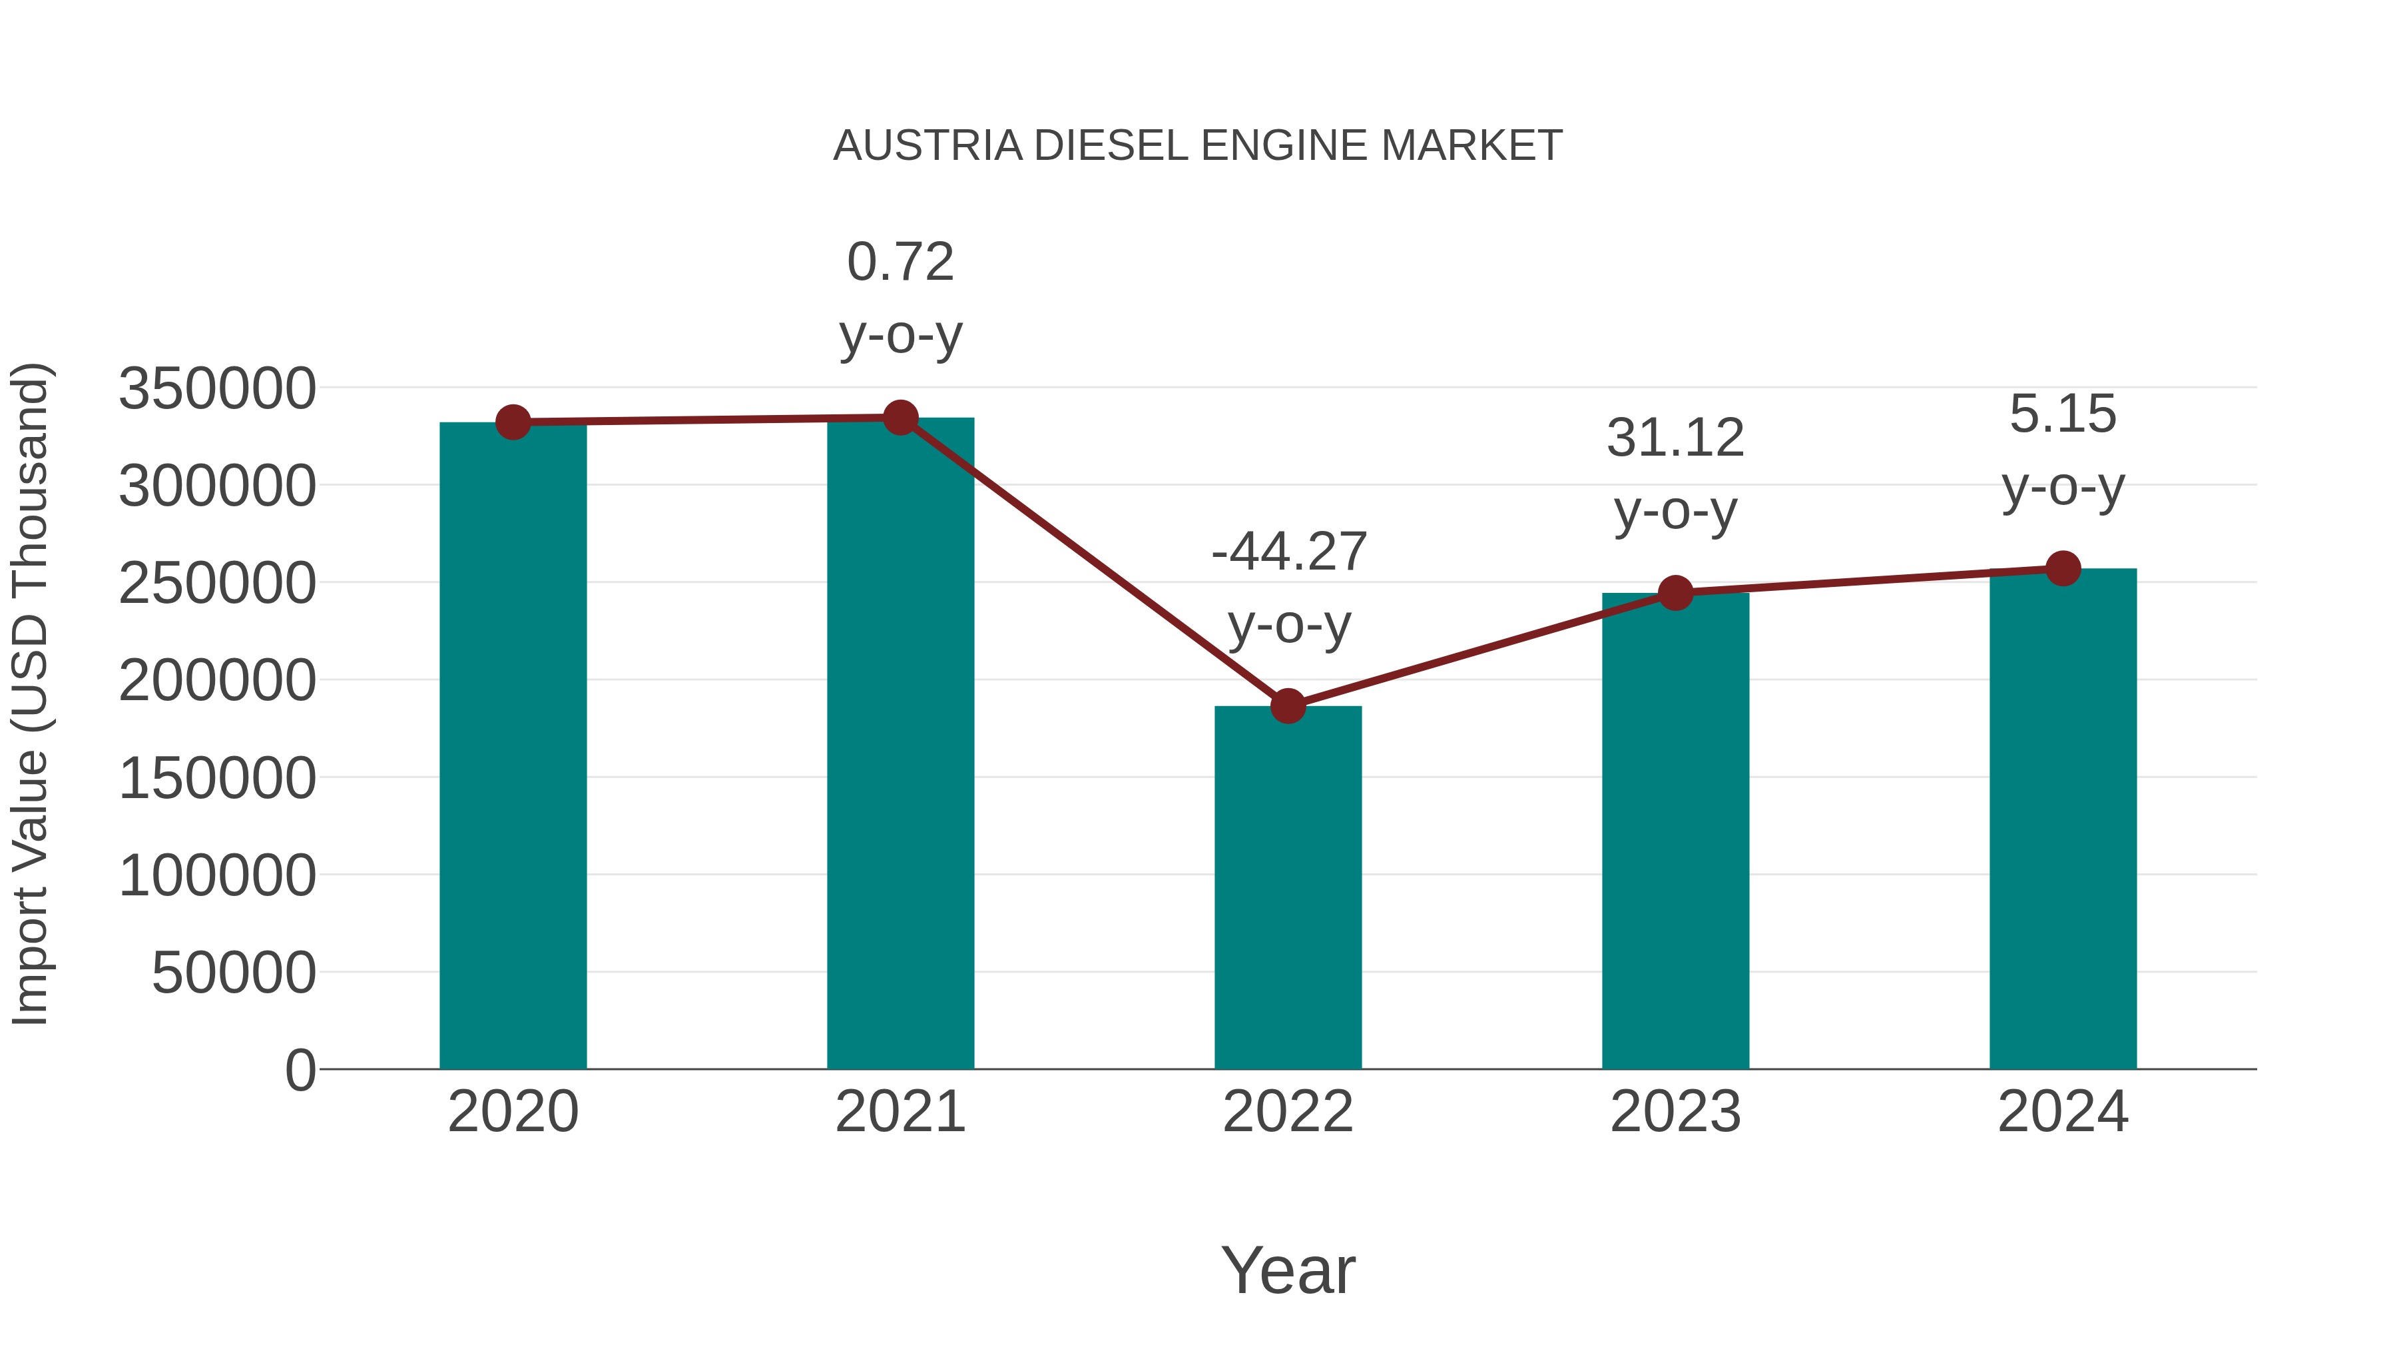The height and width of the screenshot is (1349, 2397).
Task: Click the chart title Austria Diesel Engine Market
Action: click(1198, 146)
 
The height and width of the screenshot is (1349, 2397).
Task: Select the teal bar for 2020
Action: click(513, 745)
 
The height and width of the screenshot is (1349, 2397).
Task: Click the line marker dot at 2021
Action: click(900, 418)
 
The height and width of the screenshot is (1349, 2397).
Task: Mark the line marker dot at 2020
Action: click(513, 422)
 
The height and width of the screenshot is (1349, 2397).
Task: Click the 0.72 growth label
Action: click(900, 262)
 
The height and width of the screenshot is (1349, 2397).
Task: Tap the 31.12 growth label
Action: click(1675, 438)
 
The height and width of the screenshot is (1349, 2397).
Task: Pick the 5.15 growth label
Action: click(2063, 414)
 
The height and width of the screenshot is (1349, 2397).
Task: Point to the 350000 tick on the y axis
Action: click(218, 389)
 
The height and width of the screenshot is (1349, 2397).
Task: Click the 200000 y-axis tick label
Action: click(218, 681)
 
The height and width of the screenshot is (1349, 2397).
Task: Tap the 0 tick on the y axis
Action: click(300, 1070)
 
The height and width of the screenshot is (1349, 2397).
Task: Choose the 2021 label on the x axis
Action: click(900, 1112)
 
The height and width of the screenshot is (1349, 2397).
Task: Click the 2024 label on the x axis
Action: click(2063, 1112)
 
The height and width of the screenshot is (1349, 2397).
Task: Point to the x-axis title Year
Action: click(1288, 1270)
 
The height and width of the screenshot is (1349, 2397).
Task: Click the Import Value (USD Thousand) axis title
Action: click(30, 693)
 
